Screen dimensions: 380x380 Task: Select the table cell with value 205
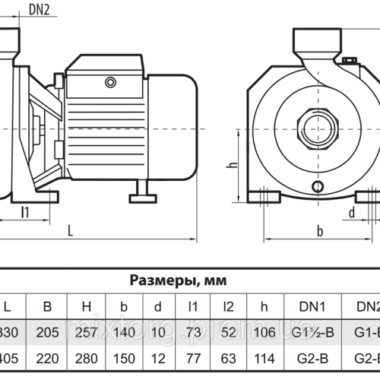tap(47, 331)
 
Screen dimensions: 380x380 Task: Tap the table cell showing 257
tap(87, 331)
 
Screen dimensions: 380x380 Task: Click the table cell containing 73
tap(194, 331)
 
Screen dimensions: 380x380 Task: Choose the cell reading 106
tap(264, 331)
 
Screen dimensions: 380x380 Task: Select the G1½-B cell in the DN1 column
tap(312, 331)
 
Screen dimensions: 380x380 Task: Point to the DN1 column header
tap(312, 306)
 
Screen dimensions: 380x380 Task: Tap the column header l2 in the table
tap(229, 306)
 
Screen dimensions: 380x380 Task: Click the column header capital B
tap(47, 306)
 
